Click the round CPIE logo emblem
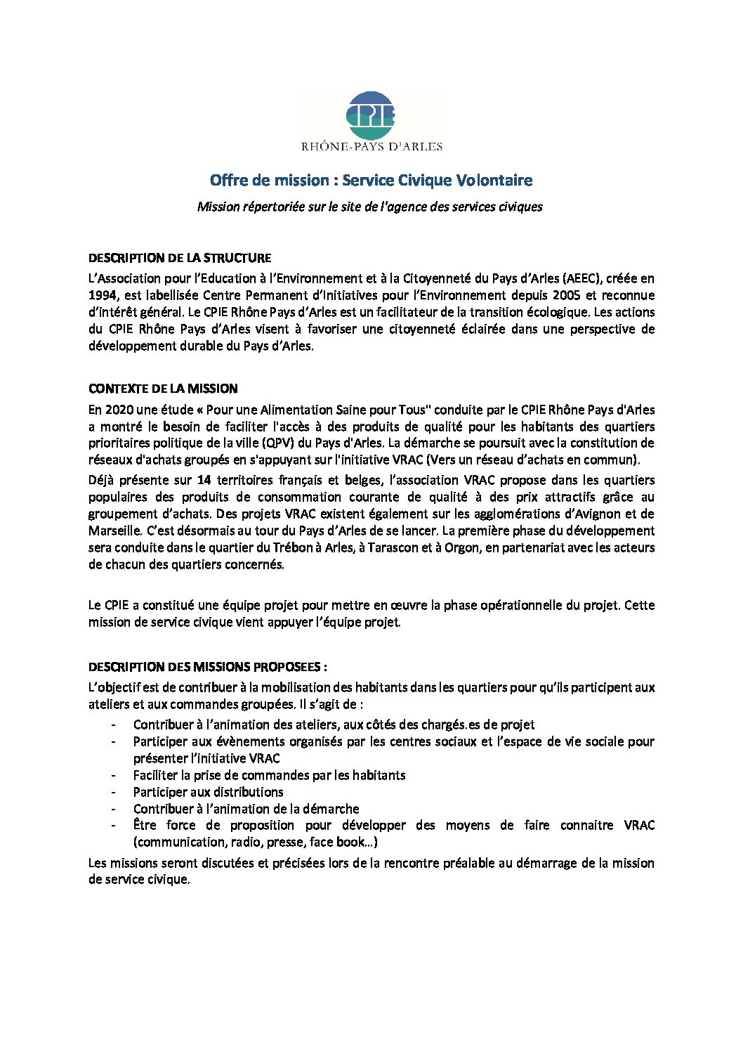[x=371, y=115]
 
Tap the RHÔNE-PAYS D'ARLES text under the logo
[x=371, y=147]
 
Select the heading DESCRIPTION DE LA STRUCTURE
[x=180, y=258]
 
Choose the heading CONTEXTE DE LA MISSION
[x=163, y=389]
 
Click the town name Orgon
[x=461, y=548]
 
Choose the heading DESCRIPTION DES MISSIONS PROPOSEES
[x=207, y=667]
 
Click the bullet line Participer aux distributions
[x=209, y=792]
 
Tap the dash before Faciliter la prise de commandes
[x=114, y=775]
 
